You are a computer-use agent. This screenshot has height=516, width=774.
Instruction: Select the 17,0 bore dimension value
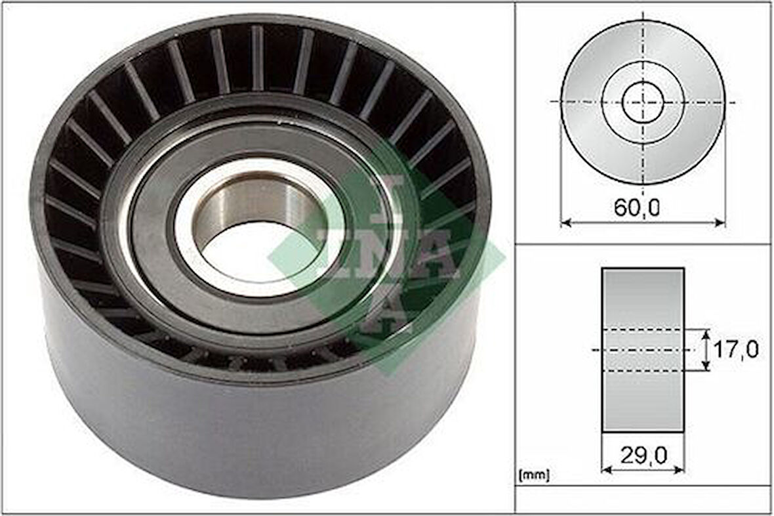pyautogui.click(x=735, y=349)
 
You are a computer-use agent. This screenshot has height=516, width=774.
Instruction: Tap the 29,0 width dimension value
pyautogui.click(x=642, y=454)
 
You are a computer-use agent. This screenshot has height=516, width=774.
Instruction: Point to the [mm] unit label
pyautogui.click(x=534, y=473)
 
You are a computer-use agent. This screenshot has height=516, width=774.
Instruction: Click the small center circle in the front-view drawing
pyautogui.click(x=643, y=102)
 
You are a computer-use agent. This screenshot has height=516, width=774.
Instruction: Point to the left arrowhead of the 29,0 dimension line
pyautogui.click(x=605, y=469)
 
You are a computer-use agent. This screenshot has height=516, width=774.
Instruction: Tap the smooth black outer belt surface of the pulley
pyautogui.click(x=262, y=433)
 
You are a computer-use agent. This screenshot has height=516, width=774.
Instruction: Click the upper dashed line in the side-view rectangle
pyautogui.click(x=643, y=330)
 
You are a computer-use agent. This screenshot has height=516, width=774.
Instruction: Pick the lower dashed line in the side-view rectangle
pyautogui.click(x=643, y=371)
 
